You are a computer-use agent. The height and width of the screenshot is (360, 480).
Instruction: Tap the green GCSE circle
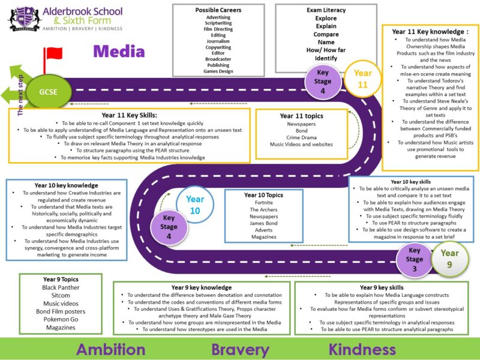49,92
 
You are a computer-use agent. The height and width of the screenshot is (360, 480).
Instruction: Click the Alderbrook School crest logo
24,19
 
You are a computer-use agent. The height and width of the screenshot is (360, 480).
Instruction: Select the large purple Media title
119,51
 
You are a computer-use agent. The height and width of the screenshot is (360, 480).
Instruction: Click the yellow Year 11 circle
363,79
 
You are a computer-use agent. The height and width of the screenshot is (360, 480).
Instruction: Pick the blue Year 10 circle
195,205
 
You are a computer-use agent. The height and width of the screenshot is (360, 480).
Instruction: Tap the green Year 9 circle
449,259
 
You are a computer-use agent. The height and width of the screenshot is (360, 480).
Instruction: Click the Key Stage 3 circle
415,260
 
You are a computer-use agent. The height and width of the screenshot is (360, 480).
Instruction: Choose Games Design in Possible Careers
218,71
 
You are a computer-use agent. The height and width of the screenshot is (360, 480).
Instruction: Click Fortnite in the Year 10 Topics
263,203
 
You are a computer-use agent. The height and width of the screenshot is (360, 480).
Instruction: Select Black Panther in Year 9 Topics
61,287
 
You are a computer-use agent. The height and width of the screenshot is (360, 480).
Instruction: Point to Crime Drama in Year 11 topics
302,137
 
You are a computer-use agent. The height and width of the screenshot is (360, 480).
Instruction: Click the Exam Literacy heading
326,10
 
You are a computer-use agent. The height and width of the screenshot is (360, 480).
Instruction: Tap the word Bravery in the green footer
241,350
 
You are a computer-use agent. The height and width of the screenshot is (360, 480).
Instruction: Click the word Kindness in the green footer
362,349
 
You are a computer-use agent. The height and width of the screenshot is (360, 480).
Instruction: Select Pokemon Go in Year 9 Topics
61,319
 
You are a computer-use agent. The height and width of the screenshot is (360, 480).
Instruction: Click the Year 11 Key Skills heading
129,115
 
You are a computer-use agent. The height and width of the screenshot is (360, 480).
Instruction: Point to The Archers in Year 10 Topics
263,209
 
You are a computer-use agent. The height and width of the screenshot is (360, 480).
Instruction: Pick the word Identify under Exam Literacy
326,58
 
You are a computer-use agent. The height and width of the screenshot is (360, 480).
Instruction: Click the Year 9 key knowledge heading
202,287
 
